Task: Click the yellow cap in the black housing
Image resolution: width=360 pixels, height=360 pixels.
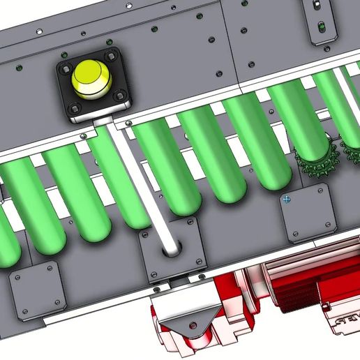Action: pyautogui.click(x=91, y=78)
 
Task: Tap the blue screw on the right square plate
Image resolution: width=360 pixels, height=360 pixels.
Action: pyautogui.click(x=286, y=200)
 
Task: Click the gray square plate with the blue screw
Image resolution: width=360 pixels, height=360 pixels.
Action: pyautogui.click(x=307, y=216)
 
